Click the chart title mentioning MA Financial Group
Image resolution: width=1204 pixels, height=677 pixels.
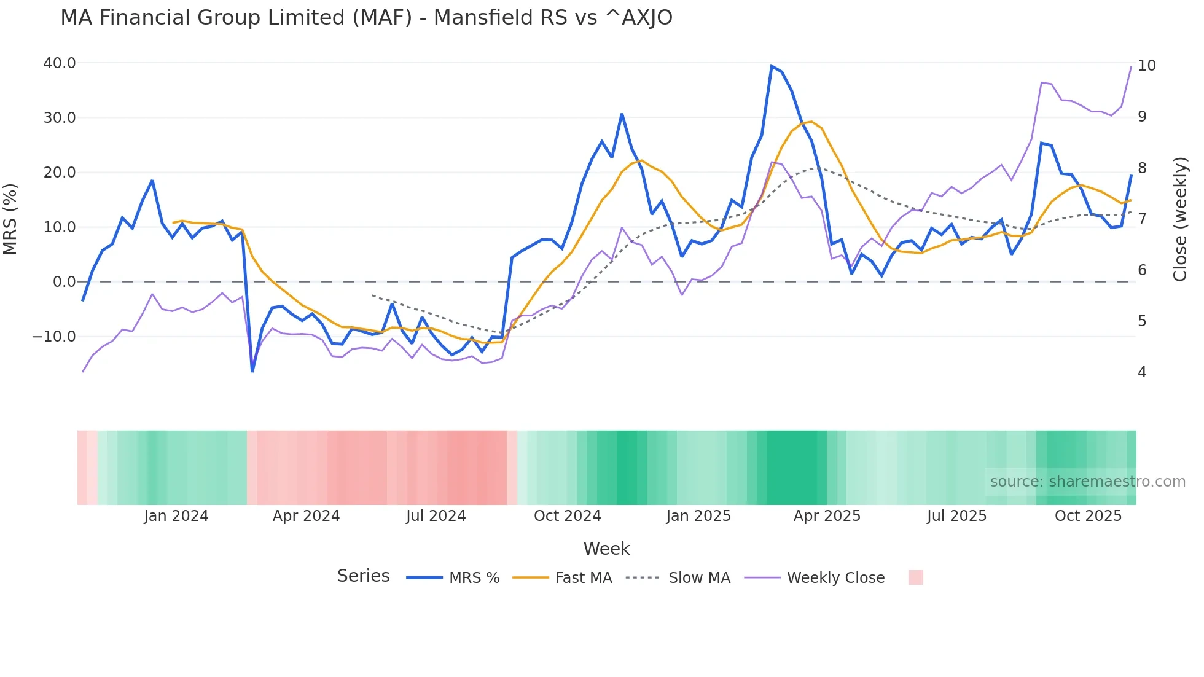click(x=366, y=18)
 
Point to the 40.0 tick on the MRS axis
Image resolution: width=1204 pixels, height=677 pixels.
click(x=60, y=63)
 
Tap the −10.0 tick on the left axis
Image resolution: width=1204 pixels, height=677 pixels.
click(x=54, y=337)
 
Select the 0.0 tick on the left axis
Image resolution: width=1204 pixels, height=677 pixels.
click(x=64, y=282)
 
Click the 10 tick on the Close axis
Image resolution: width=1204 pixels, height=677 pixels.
click(x=1146, y=66)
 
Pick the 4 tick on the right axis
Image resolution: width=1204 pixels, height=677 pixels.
click(x=1142, y=372)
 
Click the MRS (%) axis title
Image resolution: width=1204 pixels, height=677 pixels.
click(x=10, y=219)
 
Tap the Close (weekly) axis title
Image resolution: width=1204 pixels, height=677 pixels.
click(x=1179, y=219)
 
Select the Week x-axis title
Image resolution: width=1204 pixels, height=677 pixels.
click(x=606, y=549)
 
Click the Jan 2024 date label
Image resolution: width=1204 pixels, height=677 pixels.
click(x=176, y=516)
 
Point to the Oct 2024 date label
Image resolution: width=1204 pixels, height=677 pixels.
click(x=567, y=516)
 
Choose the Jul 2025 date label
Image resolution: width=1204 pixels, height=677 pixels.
click(x=956, y=516)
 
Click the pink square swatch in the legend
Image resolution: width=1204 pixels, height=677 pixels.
click(x=915, y=577)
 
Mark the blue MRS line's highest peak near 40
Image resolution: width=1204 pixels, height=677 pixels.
click(x=772, y=66)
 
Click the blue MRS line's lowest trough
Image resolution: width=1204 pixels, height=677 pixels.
click(x=252, y=371)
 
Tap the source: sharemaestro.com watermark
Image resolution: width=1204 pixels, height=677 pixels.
click(x=1087, y=482)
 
